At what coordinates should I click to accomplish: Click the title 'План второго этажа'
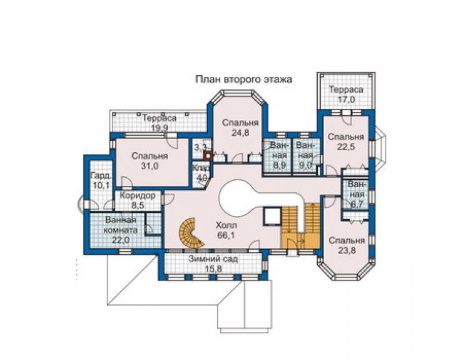tap(244, 80)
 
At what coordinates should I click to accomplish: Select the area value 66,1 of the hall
tap(226, 235)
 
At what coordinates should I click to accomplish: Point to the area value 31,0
tap(150, 166)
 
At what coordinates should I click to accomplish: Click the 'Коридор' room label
tap(138, 195)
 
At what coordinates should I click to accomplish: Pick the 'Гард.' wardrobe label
tap(101, 176)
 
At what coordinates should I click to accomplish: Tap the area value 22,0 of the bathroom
tap(121, 240)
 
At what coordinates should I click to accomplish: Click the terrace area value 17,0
tap(347, 99)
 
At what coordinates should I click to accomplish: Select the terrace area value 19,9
tap(160, 128)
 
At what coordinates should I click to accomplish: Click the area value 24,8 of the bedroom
tap(240, 133)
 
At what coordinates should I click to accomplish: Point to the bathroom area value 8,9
tap(278, 165)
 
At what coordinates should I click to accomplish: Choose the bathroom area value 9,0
tap(305, 165)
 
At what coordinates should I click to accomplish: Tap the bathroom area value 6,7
tap(357, 204)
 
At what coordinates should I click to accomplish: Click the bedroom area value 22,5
tap(346, 147)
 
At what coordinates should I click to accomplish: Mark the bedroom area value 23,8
tap(347, 250)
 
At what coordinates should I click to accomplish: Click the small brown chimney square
tap(208, 156)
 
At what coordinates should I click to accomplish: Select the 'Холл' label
tap(226, 226)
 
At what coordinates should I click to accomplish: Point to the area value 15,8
tap(213, 269)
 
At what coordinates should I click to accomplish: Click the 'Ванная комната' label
tap(121, 225)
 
